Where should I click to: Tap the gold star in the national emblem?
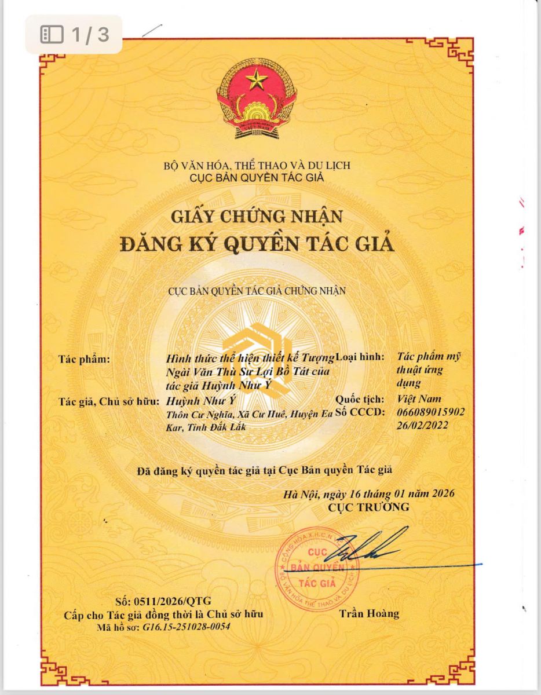tap(255, 79)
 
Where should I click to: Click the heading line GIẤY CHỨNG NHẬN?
tap(257, 217)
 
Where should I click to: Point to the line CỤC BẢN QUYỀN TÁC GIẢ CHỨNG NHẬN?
tap(257, 291)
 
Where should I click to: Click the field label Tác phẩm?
tap(84, 359)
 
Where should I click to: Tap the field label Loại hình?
tap(360, 357)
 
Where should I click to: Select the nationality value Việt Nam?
tap(419, 398)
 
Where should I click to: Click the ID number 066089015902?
tap(431, 412)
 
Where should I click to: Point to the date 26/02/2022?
tap(423, 425)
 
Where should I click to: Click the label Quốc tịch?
tap(360, 399)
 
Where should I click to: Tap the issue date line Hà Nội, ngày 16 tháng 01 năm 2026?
tap(369, 494)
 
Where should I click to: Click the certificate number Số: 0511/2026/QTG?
tap(164, 600)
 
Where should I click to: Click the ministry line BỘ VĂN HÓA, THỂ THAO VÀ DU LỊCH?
tap(257, 166)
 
